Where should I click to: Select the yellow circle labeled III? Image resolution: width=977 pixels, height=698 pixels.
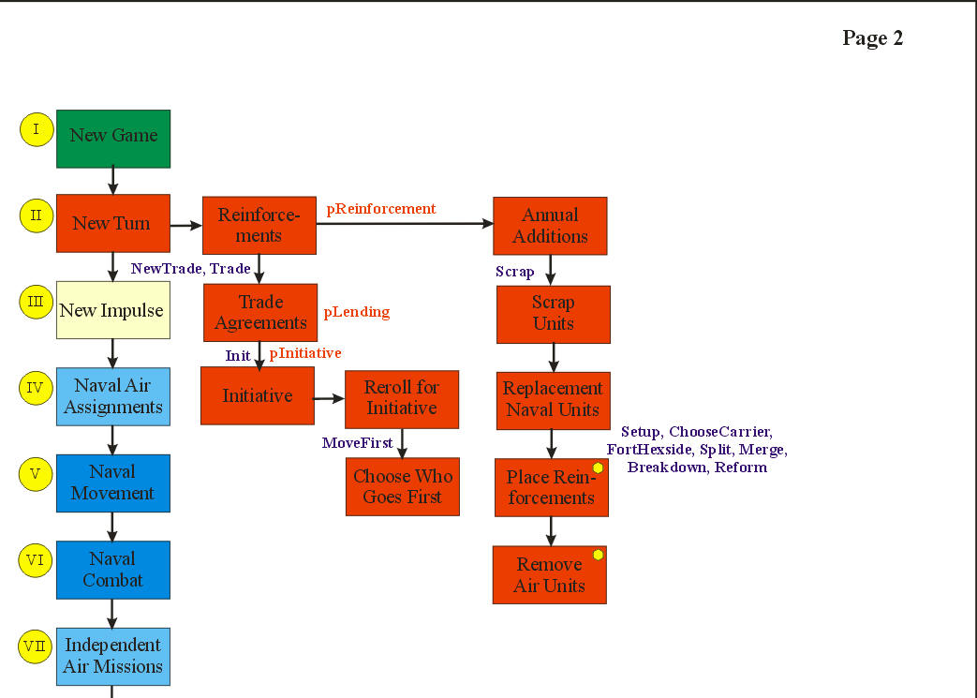tap(36, 302)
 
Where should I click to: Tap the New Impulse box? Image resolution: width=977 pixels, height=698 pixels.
tap(112, 310)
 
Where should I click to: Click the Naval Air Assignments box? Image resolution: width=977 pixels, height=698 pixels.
tap(112, 396)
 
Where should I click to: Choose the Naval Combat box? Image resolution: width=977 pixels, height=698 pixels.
tap(112, 570)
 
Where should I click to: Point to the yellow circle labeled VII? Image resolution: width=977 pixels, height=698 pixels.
tap(36, 646)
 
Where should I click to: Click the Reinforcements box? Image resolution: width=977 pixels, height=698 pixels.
tap(259, 226)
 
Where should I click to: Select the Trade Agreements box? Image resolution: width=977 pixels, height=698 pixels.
tap(259, 313)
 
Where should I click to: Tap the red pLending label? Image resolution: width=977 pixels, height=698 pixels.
tap(357, 312)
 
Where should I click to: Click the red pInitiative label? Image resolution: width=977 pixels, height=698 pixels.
tap(305, 353)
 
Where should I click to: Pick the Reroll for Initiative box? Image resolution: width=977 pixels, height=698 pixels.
tap(402, 398)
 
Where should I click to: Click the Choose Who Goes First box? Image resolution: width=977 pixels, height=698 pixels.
tap(403, 486)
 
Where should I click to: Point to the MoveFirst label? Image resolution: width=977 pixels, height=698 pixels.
tap(358, 443)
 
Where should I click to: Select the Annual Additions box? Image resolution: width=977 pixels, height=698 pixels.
tap(550, 226)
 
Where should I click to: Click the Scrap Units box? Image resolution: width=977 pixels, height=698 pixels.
tap(553, 314)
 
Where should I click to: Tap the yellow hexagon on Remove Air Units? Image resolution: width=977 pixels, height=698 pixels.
tap(598, 555)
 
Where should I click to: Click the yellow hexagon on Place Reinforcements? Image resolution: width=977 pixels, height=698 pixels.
tap(598, 468)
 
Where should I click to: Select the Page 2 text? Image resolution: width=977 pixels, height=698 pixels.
tap(872, 38)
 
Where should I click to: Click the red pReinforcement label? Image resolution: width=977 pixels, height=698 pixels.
tap(381, 209)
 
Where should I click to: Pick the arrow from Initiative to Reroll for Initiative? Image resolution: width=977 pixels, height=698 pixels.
tap(329, 398)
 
